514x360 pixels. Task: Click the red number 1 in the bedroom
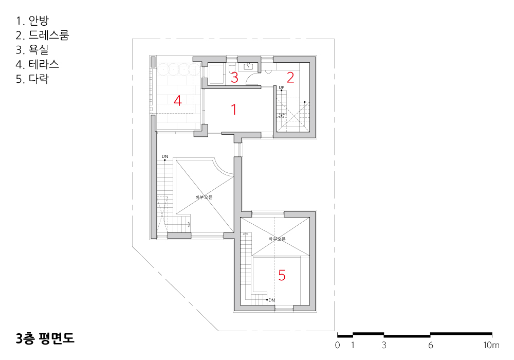pos(234,110)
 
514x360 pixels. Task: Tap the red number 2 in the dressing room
pos(290,77)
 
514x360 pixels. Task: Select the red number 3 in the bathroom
pos(234,77)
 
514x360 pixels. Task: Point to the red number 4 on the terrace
pos(178,101)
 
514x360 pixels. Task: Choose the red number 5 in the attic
pos(282,276)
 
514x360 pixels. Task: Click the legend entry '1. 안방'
pos(32,21)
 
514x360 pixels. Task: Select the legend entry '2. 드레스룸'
pos(42,35)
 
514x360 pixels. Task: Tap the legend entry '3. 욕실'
pos(32,49)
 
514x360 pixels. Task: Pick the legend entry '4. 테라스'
pos(38,64)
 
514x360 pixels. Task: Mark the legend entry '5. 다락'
pos(32,79)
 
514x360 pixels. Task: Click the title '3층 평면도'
pos(45,338)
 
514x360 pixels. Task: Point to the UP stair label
pos(281,87)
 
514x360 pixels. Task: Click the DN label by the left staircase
pos(165,156)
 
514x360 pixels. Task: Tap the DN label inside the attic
pos(272,300)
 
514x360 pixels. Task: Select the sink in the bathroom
pos(248,67)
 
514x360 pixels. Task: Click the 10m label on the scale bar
pos(491,345)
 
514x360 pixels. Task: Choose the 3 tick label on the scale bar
pos(384,345)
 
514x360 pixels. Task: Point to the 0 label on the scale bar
pos(337,345)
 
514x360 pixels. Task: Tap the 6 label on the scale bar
pos(430,345)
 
